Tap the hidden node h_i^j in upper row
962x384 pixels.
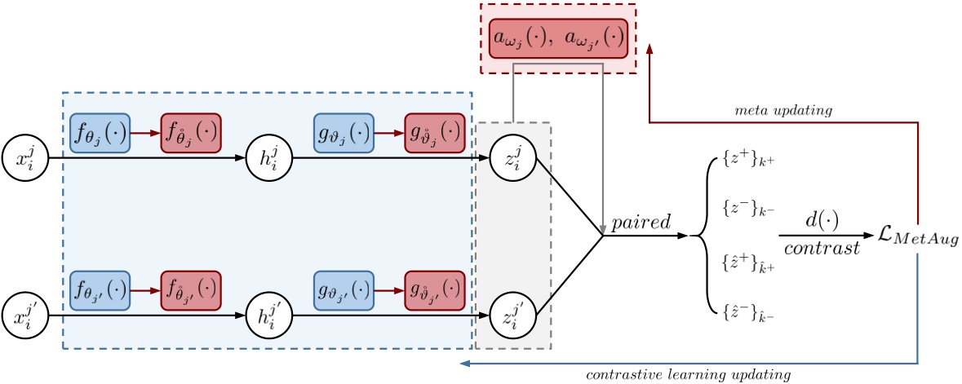pos(268,156)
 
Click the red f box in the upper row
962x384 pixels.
pos(192,133)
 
